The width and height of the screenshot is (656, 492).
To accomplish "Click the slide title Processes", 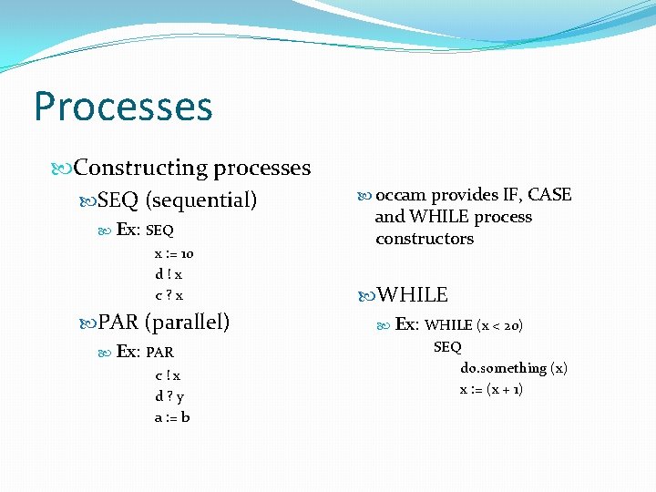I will pyautogui.click(x=123, y=107).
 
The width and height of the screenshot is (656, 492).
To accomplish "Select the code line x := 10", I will pyautogui.click(x=173, y=254).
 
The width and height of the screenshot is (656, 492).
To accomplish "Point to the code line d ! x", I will pyautogui.click(x=169, y=274).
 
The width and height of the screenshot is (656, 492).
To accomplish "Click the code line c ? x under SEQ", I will pyautogui.click(x=169, y=294).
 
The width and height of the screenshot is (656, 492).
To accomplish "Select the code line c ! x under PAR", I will pyautogui.click(x=168, y=375).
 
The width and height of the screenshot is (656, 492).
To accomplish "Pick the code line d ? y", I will pyautogui.click(x=169, y=396).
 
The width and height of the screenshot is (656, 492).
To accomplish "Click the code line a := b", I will pyautogui.click(x=172, y=417).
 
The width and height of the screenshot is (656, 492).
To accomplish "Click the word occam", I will pyautogui.click(x=401, y=195).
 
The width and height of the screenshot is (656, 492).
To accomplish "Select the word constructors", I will pyautogui.click(x=425, y=239).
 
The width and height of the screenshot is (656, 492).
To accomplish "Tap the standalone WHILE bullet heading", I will pyautogui.click(x=413, y=294).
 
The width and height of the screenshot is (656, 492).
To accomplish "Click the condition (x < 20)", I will pyautogui.click(x=499, y=324).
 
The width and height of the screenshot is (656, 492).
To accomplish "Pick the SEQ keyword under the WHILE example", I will pyautogui.click(x=447, y=346).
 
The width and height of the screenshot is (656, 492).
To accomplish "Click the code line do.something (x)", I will pyautogui.click(x=513, y=368).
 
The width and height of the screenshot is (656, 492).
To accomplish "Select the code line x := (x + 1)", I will pyautogui.click(x=491, y=389).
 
